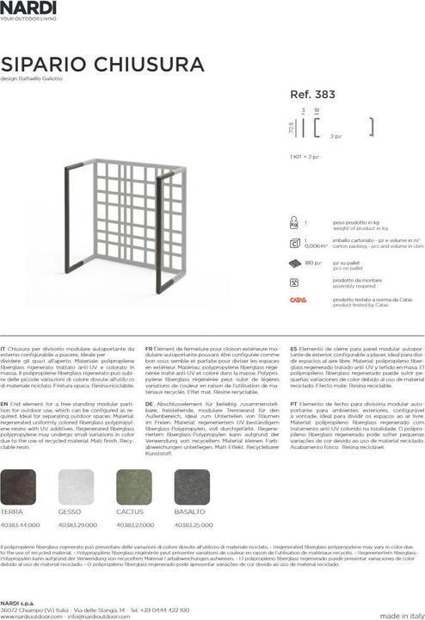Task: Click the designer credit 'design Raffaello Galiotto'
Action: click(32, 80)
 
